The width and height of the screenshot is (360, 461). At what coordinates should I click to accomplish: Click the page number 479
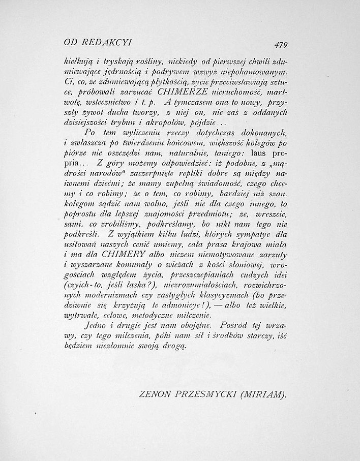(x=280, y=44)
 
